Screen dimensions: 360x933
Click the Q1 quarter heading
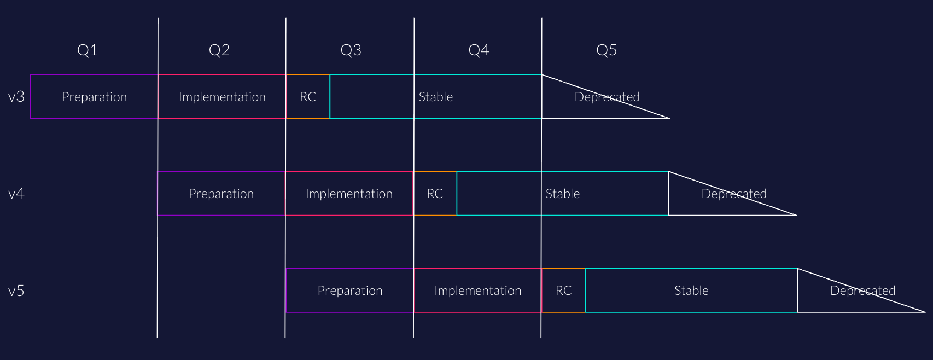click(88, 50)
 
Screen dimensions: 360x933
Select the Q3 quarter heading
click(351, 50)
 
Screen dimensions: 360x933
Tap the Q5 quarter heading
click(607, 50)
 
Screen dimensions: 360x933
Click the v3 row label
click(16, 97)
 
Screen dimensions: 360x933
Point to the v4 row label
click(16, 194)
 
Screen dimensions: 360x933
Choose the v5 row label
click(16, 291)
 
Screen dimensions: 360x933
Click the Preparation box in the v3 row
click(94, 97)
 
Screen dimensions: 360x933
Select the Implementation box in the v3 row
click(222, 97)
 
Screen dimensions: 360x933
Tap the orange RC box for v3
click(308, 97)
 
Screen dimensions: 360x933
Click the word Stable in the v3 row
click(436, 97)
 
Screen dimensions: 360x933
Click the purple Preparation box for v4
click(221, 194)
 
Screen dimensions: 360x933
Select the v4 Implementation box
click(349, 194)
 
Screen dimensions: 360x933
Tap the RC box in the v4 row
click(435, 194)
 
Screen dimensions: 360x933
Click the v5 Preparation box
click(350, 291)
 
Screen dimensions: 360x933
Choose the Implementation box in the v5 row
click(478, 291)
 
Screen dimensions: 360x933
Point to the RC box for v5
click(564, 291)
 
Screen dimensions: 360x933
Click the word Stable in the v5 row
click(691, 291)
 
